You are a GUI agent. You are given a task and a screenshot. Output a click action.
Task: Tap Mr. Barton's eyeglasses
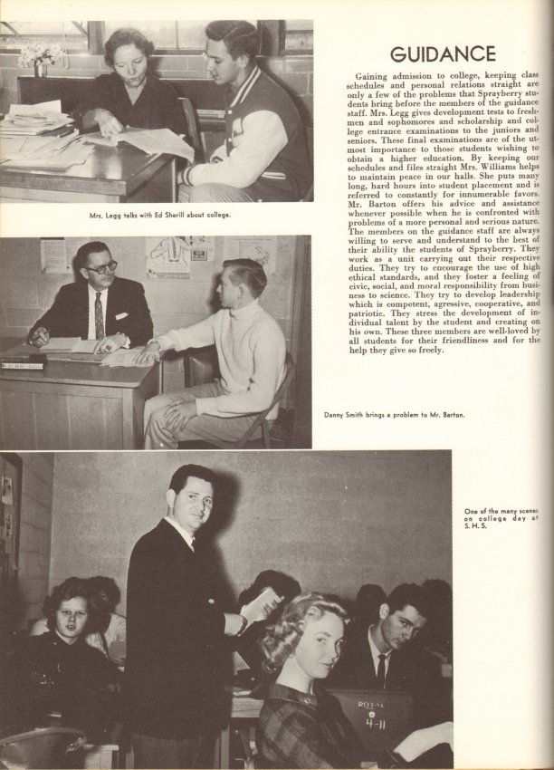point(100,267)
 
